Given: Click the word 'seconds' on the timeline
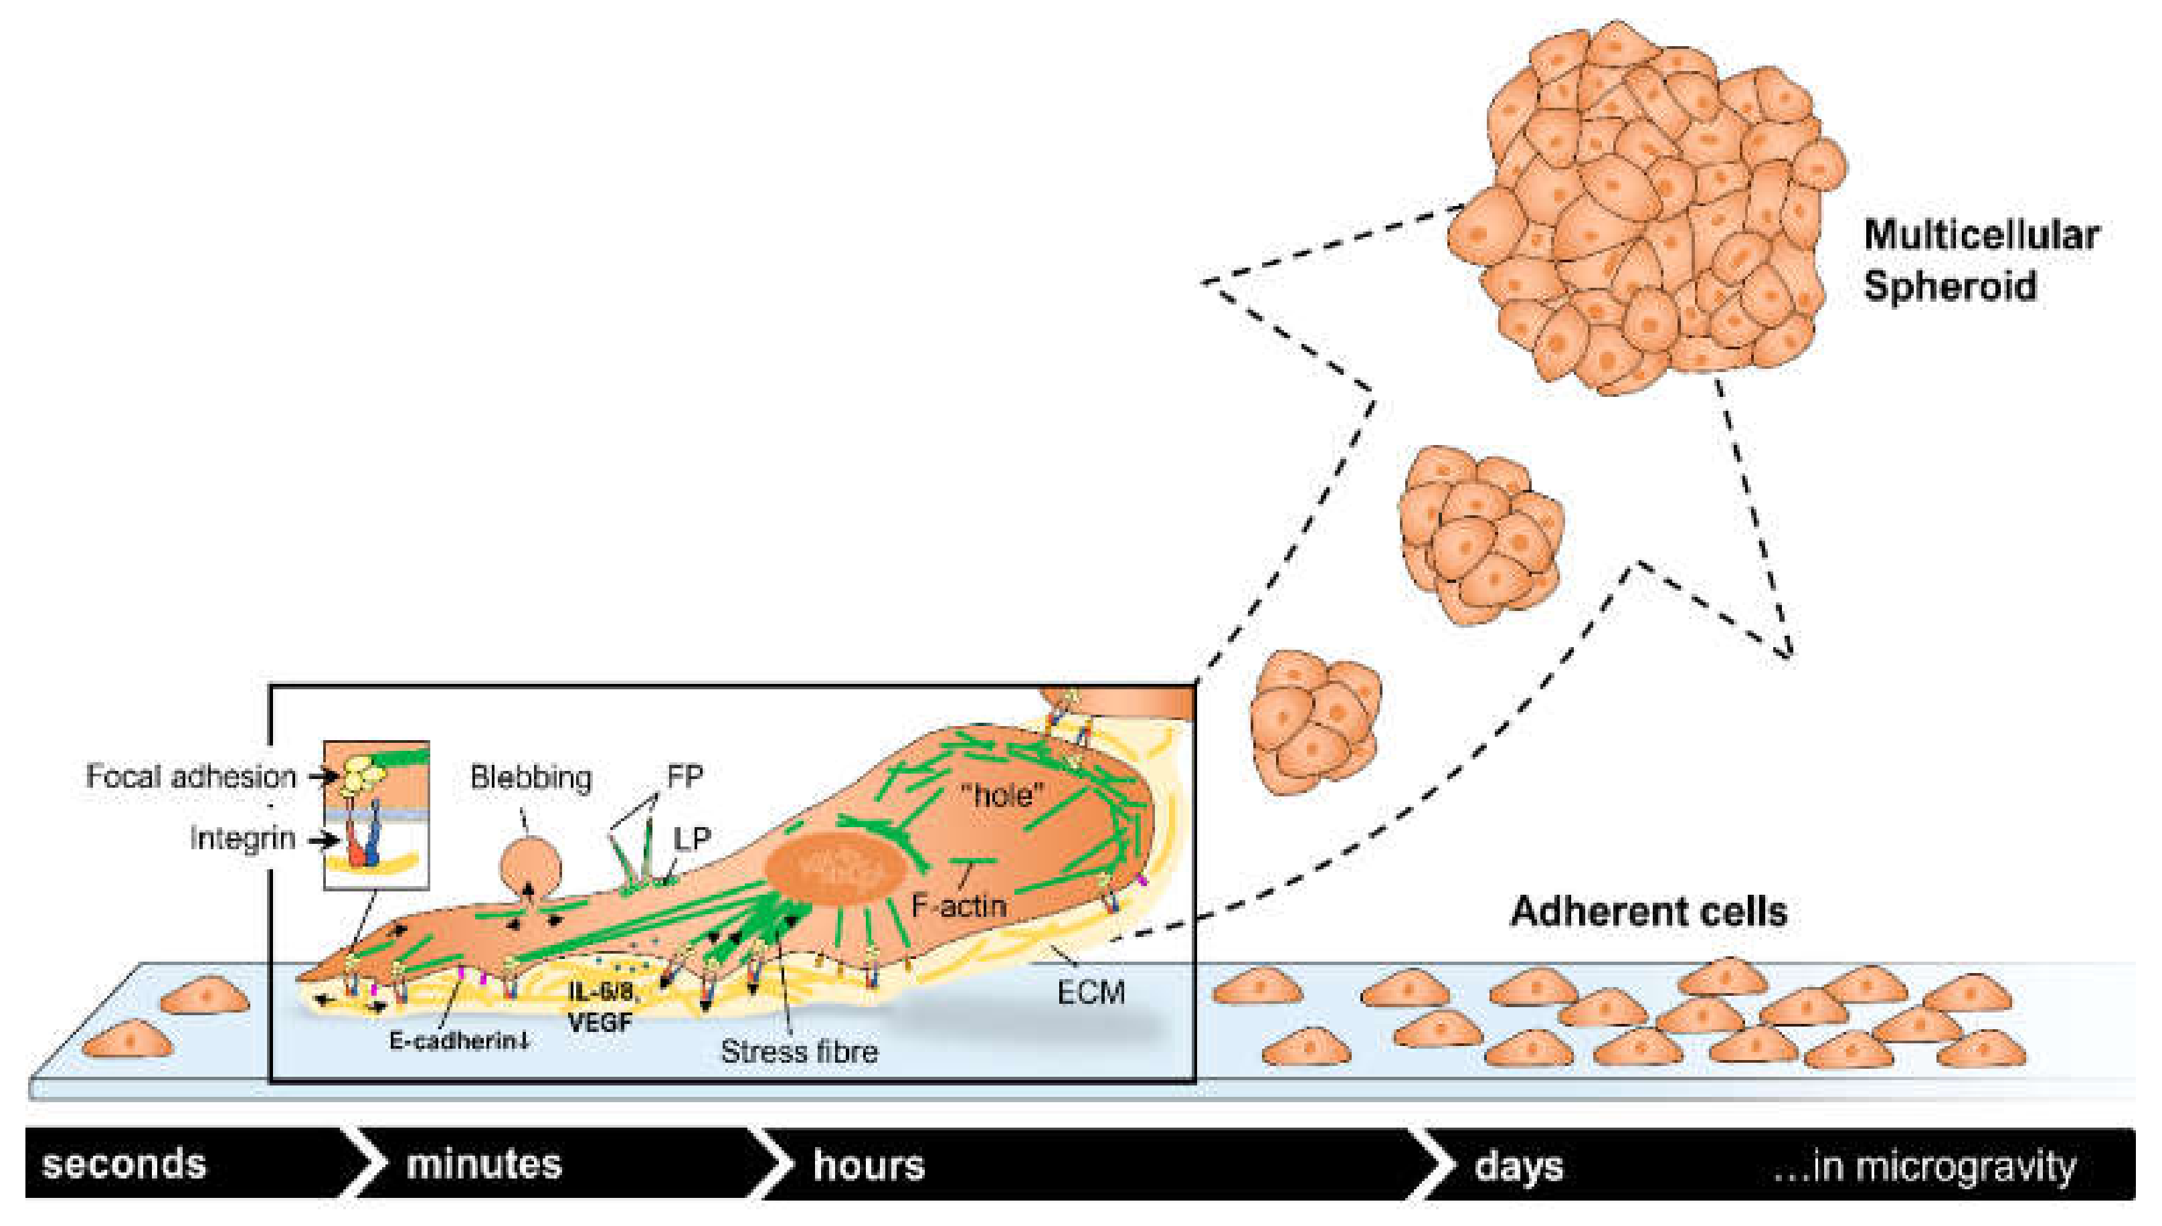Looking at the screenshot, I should pyautogui.click(x=124, y=1164).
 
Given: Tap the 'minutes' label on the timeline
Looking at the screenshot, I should pyautogui.click(x=483, y=1164).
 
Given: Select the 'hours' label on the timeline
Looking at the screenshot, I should pyautogui.click(x=868, y=1165).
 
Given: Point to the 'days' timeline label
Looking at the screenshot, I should pyautogui.click(x=1518, y=1167).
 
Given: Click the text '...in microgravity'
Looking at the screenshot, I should pyautogui.click(x=1924, y=1167).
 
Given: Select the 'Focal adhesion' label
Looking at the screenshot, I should pyautogui.click(x=191, y=776).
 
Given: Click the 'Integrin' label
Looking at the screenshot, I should pyautogui.click(x=242, y=839).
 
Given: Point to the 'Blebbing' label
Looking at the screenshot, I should pyautogui.click(x=531, y=777).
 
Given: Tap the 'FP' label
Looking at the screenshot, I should pyautogui.click(x=685, y=776).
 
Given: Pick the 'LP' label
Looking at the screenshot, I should pyautogui.click(x=692, y=838).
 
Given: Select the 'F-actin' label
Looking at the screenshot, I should pyautogui.click(x=958, y=906).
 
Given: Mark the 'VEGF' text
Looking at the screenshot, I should pyautogui.click(x=600, y=1023).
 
